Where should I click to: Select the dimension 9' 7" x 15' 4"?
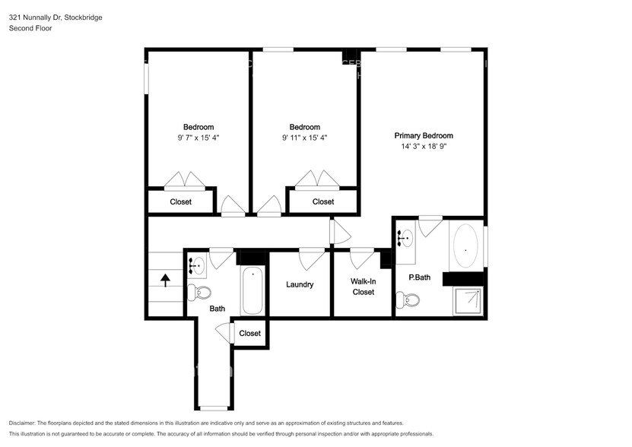tap(198, 138)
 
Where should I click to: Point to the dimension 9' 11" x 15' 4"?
tap(304, 138)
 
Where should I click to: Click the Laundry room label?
tap(300, 285)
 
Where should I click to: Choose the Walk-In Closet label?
tap(363, 287)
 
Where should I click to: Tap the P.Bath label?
tap(419, 277)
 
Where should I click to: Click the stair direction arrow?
tap(165, 281)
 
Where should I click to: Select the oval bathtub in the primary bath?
tap(465, 246)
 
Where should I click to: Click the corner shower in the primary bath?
tap(468, 300)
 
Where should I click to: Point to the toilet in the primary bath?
tap(411, 300)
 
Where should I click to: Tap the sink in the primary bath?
tap(406, 236)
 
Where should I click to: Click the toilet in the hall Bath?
tap(201, 291)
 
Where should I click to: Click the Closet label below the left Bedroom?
tap(180, 202)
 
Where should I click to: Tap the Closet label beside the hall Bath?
tap(249, 333)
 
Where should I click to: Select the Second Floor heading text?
tap(31, 28)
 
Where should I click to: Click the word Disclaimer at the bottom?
tap(25, 423)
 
